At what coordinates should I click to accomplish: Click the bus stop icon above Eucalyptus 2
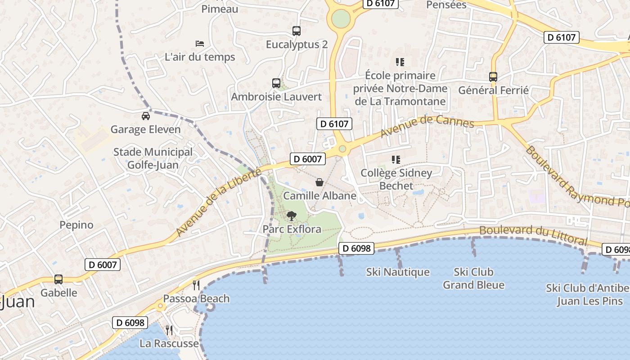(x=296, y=31)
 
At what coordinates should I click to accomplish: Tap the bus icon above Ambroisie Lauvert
(x=276, y=83)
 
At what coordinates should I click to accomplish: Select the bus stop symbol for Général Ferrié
(x=493, y=77)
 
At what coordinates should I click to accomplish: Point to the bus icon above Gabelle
(x=58, y=279)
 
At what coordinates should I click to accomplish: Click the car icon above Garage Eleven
(x=145, y=116)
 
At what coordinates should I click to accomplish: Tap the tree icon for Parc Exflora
(x=292, y=216)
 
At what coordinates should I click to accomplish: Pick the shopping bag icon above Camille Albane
(x=319, y=182)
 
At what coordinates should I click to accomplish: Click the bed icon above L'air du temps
(x=200, y=44)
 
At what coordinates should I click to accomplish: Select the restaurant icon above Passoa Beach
(x=196, y=285)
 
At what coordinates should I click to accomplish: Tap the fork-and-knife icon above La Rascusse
(x=169, y=330)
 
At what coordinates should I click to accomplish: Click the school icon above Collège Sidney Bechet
(x=396, y=160)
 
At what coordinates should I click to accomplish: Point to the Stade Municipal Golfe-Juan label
(x=153, y=158)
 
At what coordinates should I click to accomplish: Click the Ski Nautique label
(x=398, y=272)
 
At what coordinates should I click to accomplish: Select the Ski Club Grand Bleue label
(x=473, y=279)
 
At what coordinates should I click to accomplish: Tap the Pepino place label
(x=76, y=225)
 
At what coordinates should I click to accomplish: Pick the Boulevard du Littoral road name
(x=533, y=235)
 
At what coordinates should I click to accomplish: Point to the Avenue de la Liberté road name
(x=218, y=203)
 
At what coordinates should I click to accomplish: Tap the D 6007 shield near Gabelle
(x=103, y=265)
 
